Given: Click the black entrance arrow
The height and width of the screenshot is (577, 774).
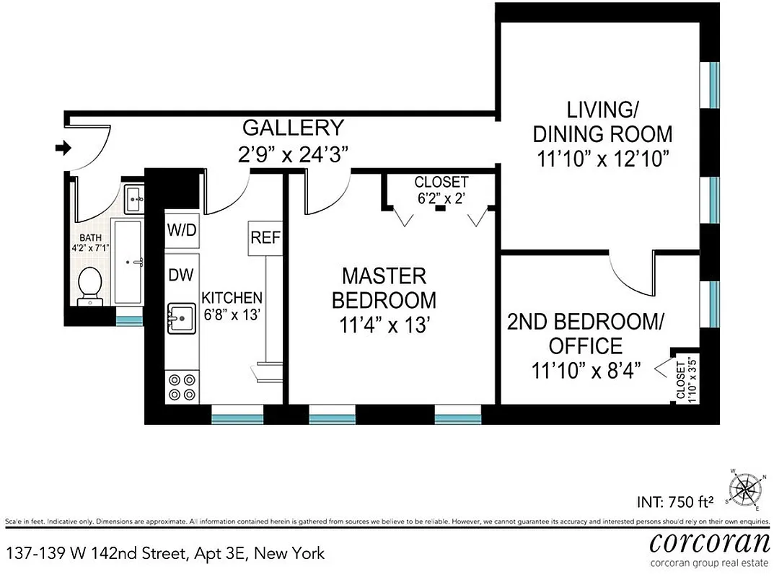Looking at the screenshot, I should coord(63,148).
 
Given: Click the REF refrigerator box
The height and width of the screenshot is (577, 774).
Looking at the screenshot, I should coord(265,238).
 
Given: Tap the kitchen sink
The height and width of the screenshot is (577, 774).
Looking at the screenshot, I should coord(182,317).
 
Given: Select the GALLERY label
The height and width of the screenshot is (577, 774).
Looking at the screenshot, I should coord(293,128).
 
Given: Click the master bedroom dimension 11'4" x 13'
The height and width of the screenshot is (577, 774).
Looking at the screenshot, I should coord(389,325).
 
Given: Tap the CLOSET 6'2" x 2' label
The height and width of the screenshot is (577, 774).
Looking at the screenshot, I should coord(441,189).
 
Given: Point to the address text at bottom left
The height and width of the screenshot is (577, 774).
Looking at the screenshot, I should coord(165,553).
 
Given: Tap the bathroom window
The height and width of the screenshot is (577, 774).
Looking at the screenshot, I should coord(130,320).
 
